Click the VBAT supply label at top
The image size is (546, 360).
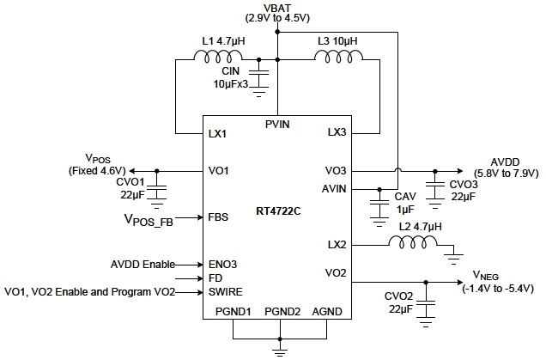(x=276, y=7)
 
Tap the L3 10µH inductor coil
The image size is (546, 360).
(x=334, y=58)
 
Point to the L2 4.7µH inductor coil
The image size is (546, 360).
(x=409, y=244)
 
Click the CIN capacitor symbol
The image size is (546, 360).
(x=261, y=75)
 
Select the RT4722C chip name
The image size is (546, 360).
(x=276, y=209)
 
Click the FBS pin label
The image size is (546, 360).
(x=217, y=217)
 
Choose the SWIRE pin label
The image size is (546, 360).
(x=224, y=292)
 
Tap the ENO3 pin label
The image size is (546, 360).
(x=221, y=265)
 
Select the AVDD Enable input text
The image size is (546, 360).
(x=143, y=265)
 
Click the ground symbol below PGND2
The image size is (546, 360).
(x=276, y=348)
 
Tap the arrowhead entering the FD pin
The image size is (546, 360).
(x=196, y=278)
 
